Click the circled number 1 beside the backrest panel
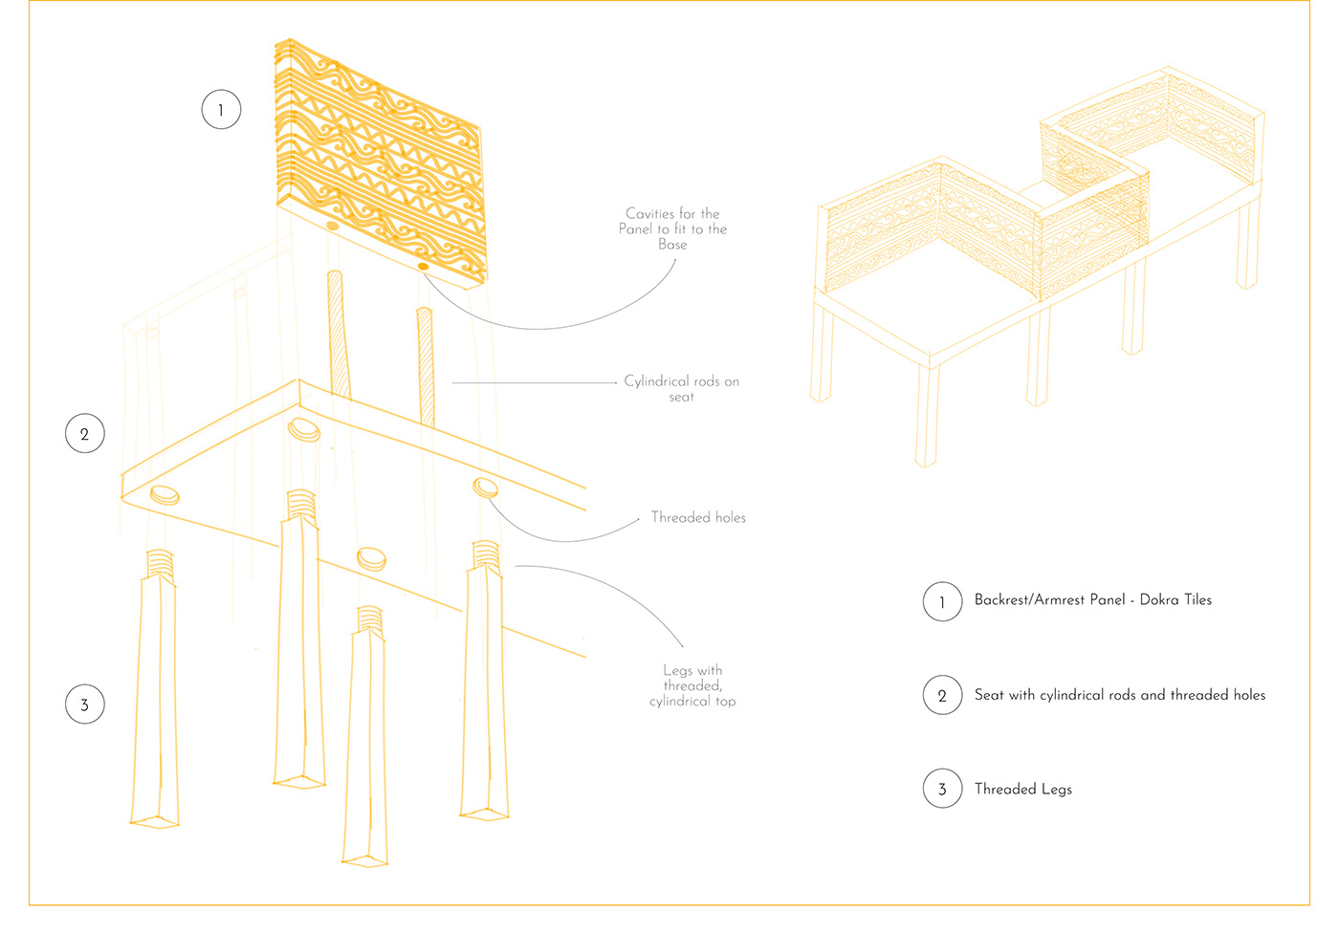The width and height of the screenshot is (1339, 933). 221,110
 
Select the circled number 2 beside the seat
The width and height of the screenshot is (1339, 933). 84,434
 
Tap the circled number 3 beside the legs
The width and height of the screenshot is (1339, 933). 84,705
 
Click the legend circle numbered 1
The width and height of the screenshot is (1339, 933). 942,601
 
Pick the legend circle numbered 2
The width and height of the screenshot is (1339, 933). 942,695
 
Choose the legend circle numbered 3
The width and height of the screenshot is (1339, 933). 942,789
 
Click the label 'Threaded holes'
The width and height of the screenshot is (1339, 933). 698,517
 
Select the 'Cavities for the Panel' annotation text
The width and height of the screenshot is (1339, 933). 672,228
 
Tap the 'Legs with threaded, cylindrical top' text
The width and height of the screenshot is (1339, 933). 692,685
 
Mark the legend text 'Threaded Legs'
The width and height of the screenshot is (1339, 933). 1022,789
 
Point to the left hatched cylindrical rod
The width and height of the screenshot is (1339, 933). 338,335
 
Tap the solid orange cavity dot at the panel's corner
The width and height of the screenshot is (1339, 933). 423,266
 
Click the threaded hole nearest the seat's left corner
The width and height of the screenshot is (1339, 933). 165,493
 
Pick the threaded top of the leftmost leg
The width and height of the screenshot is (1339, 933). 160,563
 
